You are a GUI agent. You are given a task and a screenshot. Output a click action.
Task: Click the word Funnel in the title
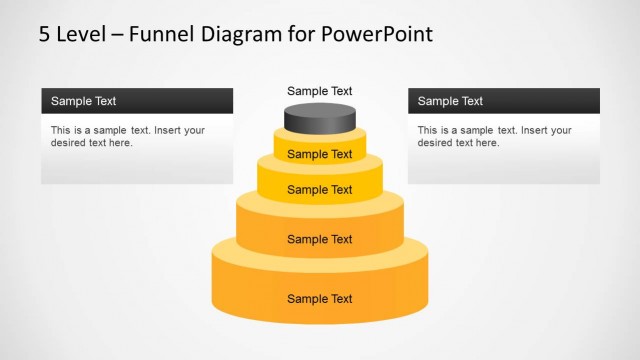click(162, 33)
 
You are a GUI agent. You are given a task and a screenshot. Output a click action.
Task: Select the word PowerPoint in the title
click(377, 33)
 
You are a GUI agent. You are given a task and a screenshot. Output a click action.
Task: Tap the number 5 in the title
click(44, 34)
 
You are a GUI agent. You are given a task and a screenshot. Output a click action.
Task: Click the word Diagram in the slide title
click(241, 35)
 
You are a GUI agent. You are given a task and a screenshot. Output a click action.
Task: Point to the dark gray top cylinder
click(320, 118)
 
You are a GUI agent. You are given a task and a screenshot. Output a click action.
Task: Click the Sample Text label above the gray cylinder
click(320, 91)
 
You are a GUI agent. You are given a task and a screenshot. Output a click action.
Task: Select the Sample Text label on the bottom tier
click(320, 299)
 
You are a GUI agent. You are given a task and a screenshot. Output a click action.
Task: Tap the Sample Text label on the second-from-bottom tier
click(320, 239)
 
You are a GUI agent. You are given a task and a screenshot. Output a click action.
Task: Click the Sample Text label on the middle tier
click(320, 190)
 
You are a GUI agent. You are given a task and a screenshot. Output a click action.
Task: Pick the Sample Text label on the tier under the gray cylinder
click(320, 154)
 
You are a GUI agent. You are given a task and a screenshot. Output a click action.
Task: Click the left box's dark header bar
click(137, 101)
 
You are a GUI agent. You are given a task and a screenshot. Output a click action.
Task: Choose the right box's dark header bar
click(504, 101)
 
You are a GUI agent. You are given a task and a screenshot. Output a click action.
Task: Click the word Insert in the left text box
click(168, 130)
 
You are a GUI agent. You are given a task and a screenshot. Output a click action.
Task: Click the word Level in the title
click(81, 33)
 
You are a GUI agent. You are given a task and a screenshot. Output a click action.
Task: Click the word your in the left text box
click(194, 131)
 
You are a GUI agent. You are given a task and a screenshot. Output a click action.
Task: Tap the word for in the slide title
click(301, 33)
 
